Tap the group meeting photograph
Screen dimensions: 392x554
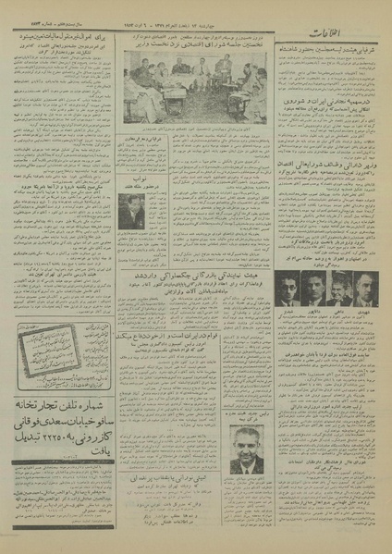click(195, 83)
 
